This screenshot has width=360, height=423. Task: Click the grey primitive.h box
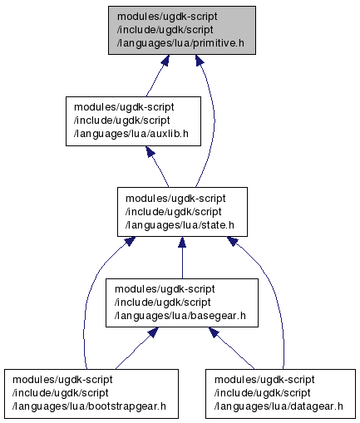(182, 30)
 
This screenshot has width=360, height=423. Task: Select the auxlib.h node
(133, 121)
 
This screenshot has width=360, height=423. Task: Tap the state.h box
(182, 212)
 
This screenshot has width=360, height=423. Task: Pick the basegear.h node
(182, 302)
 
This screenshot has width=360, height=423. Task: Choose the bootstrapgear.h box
(91, 394)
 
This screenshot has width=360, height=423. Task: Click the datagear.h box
(280, 394)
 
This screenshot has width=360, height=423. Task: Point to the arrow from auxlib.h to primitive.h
(157, 76)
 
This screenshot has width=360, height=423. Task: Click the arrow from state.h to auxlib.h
(158, 166)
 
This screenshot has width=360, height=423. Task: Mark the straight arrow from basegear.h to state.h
(182, 258)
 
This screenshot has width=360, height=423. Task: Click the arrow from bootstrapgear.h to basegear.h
(136, 348)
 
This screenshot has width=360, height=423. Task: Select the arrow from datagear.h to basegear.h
(231, 348)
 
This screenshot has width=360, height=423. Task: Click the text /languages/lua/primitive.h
(180, 43)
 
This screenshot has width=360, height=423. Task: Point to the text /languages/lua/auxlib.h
(131, 134)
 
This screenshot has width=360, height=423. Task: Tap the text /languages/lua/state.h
(180, 225)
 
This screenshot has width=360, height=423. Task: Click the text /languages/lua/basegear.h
(180, 316)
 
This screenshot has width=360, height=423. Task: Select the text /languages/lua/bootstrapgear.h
(89, 406)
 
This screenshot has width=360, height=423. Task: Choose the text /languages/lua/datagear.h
(279, 406)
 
